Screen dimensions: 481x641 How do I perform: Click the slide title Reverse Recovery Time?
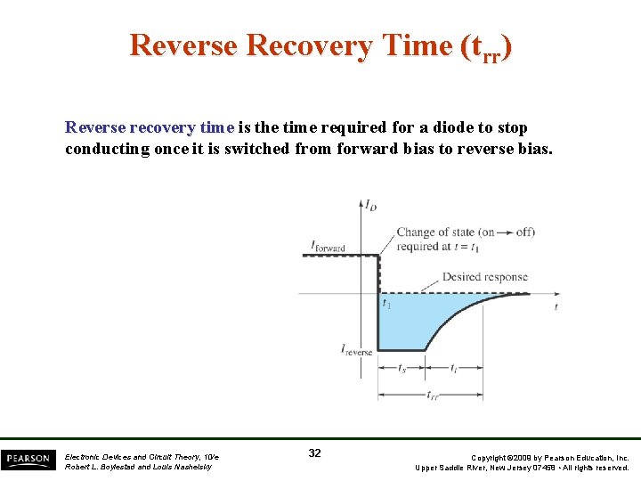(x=320, y=45)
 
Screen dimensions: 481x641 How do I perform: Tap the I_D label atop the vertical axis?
(x=369, y=205)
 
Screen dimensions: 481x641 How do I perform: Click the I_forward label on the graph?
(x=328, y=246)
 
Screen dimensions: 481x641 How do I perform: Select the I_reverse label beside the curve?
(x=357, y=351)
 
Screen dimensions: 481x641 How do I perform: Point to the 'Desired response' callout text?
(x=484, y=277)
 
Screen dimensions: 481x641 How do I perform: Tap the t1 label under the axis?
(x=386, y=305)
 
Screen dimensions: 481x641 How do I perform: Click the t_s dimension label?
(x=402, y=369)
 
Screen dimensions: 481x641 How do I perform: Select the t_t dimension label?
(x=454, y=369)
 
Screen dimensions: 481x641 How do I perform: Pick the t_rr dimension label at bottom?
(x=432, y=395)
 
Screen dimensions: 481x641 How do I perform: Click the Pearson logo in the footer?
(x=28, y=459)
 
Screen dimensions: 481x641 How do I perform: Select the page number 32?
(x=314, y=453)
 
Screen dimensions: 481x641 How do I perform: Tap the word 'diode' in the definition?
(x=458, y=127)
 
